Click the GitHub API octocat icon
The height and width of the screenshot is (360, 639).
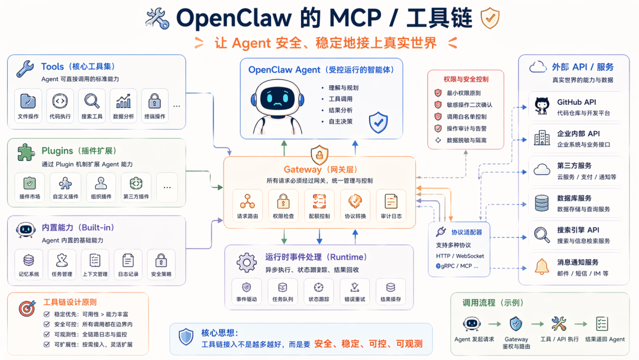click(541, 106)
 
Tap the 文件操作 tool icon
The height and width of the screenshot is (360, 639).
click(28, 101)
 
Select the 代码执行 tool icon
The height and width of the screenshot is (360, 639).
click(60, 101)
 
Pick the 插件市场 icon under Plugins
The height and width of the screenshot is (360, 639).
click(29, 184)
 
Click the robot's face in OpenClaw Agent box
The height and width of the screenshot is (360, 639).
click(274, 97)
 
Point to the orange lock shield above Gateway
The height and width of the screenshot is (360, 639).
click(319, 155)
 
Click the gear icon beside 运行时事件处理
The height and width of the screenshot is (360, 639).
click(246, 262)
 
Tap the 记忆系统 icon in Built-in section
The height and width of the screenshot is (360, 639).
click(28, 260)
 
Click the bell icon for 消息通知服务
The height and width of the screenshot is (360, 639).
click(541, 266)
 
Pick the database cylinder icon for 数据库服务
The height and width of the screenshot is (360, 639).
click(541, 203)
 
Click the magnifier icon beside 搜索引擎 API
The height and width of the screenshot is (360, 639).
click(541, 234)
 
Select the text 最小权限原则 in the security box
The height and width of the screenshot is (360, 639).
click(464, 93)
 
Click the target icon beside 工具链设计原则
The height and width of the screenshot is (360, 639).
click(27, 308)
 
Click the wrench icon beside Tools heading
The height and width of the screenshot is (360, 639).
click(25, 69)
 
